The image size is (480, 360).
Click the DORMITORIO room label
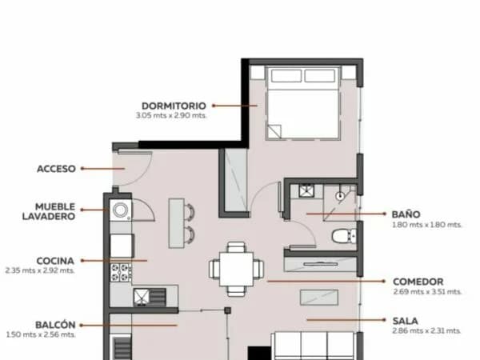click(x=174, y=106)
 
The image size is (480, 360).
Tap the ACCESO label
click(x=56, y=169)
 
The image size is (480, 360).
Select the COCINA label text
click(x=55, y=261)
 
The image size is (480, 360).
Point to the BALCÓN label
click(x=55, y=325)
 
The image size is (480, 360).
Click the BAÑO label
click(x=406, y=214)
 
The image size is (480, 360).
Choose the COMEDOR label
click(x=418, y=282)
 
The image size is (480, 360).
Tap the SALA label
click(x=405, y=321)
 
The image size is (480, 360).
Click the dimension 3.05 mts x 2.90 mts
click(x=171, y=116)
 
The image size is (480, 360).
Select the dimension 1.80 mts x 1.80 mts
click(x=426, y=225)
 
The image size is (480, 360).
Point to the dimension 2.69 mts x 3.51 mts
click(x=427, y=291)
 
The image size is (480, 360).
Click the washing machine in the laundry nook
click(x=121, y=210)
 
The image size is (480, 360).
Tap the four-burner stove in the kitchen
click(x=121, y=273)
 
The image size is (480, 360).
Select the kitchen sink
click(x=150, y=298)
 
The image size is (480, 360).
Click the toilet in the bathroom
click(x=344, y=236)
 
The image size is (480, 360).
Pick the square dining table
click(x=236, y=269)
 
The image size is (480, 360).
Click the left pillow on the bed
click(x=286, y=76)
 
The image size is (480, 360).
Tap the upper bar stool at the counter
click(x=190, y=211)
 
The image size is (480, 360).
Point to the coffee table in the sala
click(x=319, y=298)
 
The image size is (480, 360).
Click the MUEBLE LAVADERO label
click(x=49, y=211)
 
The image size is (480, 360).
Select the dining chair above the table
click(x=236, y=247)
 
